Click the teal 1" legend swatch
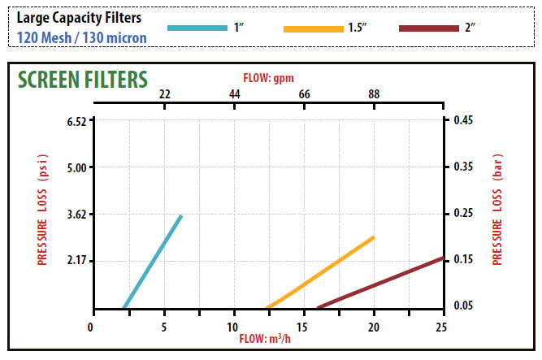coord(197,28)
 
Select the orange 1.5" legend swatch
coord(314,29)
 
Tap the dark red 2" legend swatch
coord(430,29)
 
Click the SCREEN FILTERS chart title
coord(82,79)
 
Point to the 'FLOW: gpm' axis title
coord(269,78)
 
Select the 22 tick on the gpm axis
coord(165,94)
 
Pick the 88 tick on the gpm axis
coord(374,94)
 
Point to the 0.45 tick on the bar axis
coord(463,121)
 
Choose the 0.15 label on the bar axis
coord(463,260)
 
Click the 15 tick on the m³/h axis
coord(304,327)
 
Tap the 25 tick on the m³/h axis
coord(442,327)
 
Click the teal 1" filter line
coord(153,262)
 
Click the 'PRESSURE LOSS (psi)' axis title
coord(42,209)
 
